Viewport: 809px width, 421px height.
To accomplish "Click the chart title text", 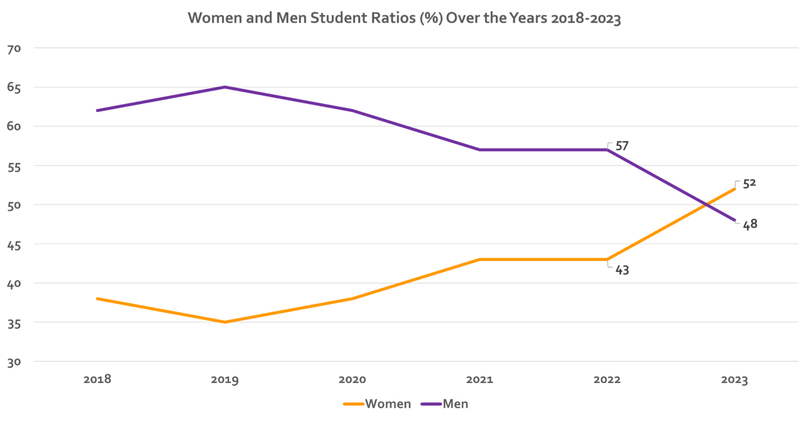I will click(x=404, y=19).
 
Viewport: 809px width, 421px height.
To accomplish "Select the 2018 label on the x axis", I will click(x=97, y=380).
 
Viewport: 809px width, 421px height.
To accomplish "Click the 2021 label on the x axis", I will click(x=480, y=380).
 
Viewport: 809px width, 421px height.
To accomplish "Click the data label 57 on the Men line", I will click(x=622, y=146).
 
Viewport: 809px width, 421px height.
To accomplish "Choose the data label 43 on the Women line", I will click(x=622, y=270).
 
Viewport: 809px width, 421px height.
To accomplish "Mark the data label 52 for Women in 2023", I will click(x=749, y=184).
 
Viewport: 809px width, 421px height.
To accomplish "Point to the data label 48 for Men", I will click(x=750, y=224).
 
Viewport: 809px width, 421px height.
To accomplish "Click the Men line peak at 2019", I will click(x=225, y=87).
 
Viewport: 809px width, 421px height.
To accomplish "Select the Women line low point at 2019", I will click(x=225, y=322).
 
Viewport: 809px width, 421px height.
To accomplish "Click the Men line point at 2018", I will click(x=97, y=111).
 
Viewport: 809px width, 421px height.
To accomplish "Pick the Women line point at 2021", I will click(x=480, y=260).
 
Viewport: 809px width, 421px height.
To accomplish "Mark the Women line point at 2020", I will click(x=352, y=299).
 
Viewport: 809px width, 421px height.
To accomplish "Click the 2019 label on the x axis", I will click(x=225, y=380).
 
